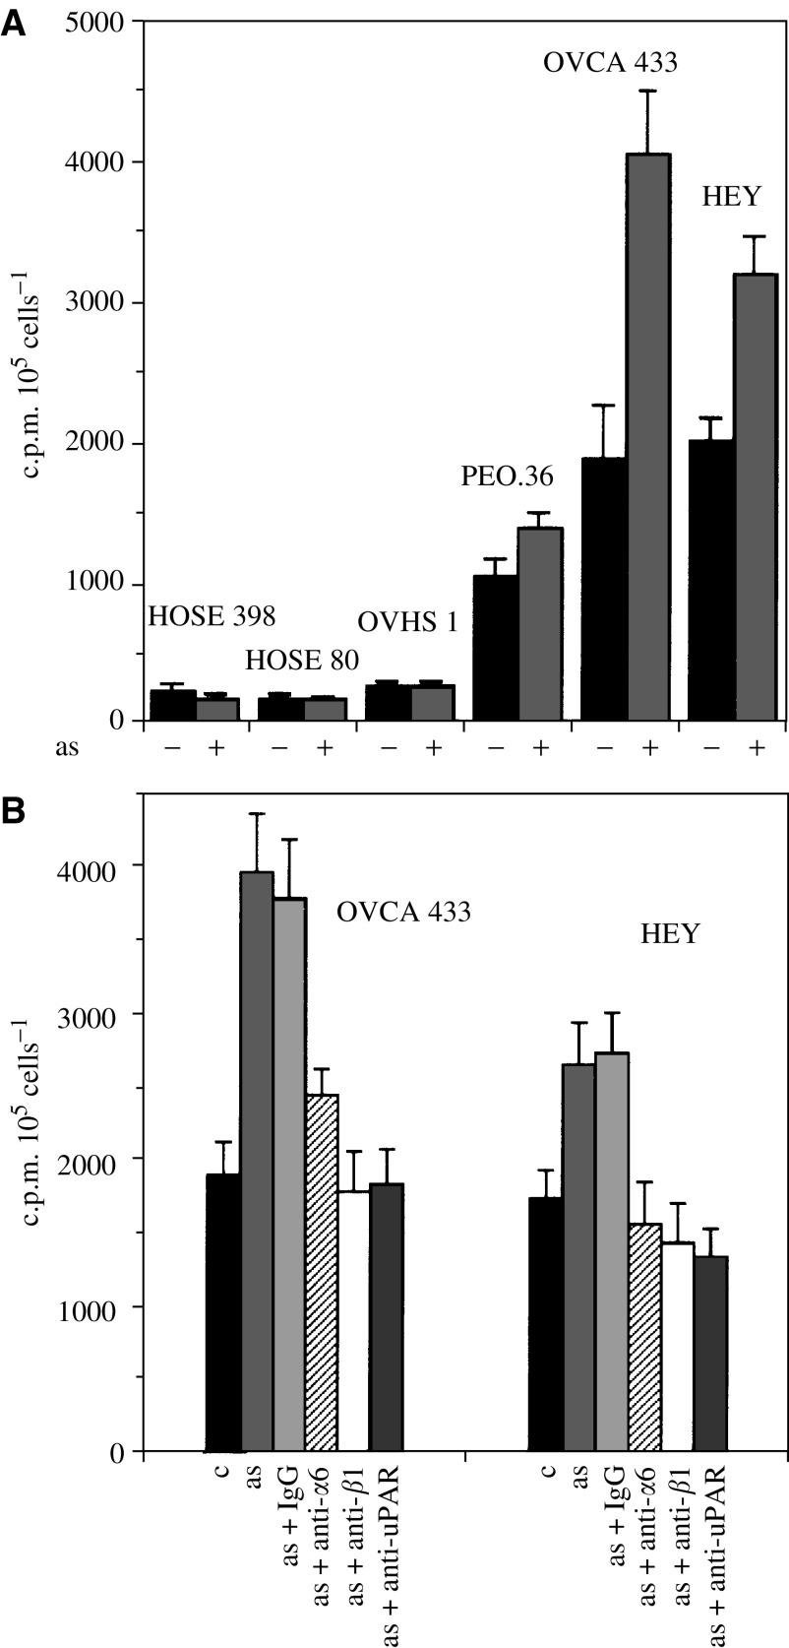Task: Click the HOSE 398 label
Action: tap(212, 617)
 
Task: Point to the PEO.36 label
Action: tap(507, 477)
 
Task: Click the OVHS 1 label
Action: tap(406, 622)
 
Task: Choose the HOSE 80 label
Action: tap(301, 659)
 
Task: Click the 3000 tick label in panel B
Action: tap(97, 1013)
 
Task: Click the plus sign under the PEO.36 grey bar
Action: tap(540, 749)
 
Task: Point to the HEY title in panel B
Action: tap(669, 933)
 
